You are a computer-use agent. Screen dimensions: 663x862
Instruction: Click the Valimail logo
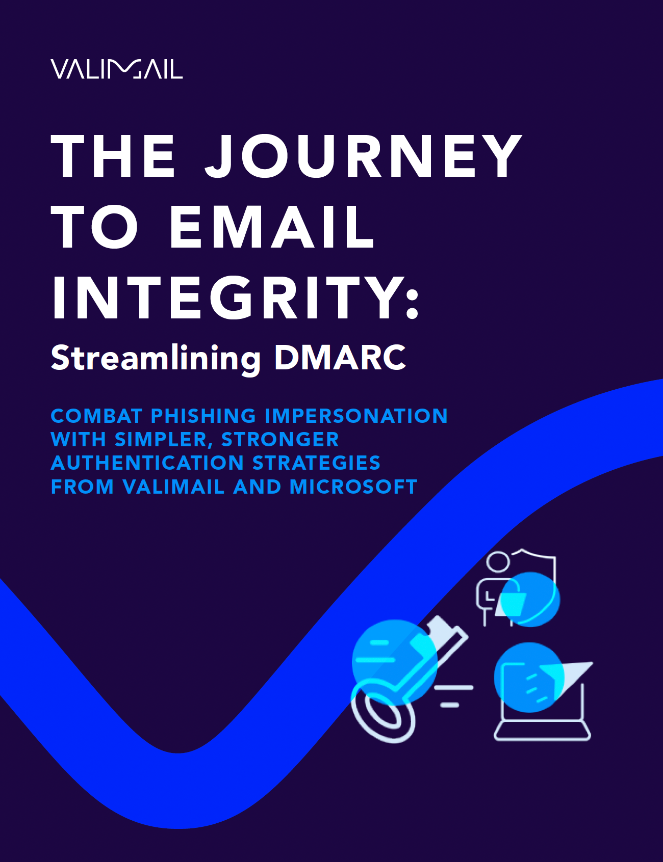[x=117, y=69]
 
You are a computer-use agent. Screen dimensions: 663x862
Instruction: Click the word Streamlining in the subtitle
[x=156, y=358]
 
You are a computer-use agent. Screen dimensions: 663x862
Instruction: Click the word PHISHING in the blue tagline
[x=203, y=416]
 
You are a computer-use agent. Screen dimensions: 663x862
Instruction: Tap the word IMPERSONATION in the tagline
[x=356, y=416]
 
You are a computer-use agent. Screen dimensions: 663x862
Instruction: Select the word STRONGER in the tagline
[x=280, y=439]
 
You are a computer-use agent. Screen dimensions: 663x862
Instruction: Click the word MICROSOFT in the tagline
[x=353, y=487]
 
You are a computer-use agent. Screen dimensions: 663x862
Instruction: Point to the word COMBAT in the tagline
[x=96, y=416]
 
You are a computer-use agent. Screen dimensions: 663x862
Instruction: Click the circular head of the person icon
[x=498, y=562]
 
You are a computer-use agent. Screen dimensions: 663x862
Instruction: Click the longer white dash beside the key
[x=454, y=688]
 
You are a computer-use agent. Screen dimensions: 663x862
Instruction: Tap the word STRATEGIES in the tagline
[x=316, y=463]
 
